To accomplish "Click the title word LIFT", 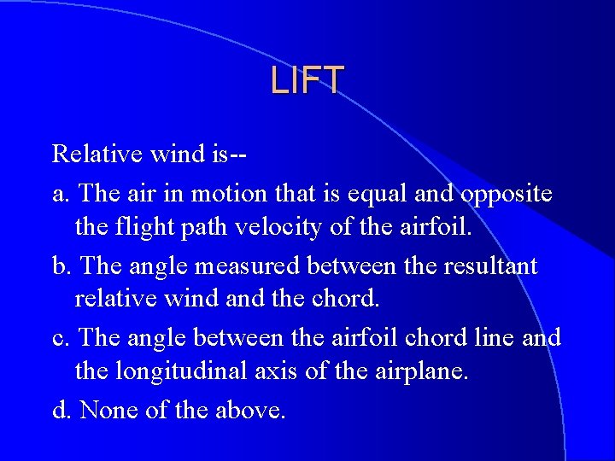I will (x=307, y=80).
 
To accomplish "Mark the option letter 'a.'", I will (x=61, y=195).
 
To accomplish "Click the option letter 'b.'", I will (x=61, y=266).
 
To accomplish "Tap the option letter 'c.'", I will (x=61, y=338).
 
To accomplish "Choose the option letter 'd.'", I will (x=61, y=410).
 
